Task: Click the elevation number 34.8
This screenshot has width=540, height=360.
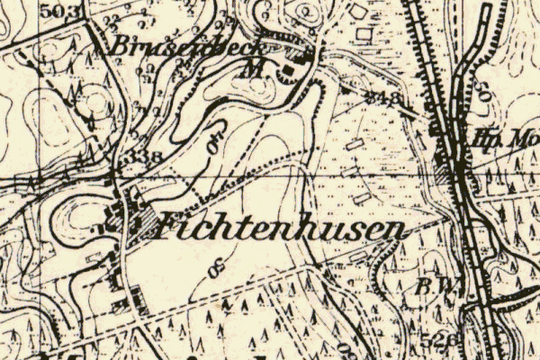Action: coord(382,97)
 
